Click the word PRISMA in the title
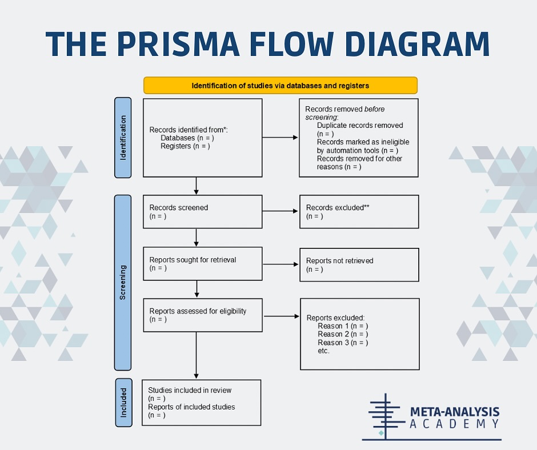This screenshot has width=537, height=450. pyautogui.click(x=178, y=44)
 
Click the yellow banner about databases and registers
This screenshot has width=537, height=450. pyautogui.click(x=280, y=85)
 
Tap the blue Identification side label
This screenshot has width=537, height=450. pyautogui.click(x=123, y=138)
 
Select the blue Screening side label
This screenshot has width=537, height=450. pyautogui.click(x=123, y=283)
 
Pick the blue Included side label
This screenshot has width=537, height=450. pyautogui.click(x=123, y=403)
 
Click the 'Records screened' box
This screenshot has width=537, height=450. pyautogui.click(x=203, y=212)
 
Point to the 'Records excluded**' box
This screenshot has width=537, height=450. pyautogui.click(x=359, y=212)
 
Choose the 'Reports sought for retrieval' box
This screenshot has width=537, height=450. pyautogui.click(x=203, y=264)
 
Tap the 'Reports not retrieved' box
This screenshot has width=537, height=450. pyautogui.click(x=359, y=265)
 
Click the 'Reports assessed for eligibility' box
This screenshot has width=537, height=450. pyautogui.click(x=203, y=315)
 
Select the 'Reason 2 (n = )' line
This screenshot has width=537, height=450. pyautogui.click(x=343, y=334)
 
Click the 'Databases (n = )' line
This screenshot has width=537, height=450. pyautogui.click(x=187, y=138)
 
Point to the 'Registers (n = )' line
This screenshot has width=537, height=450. pyautogui.click(x=185, y=146)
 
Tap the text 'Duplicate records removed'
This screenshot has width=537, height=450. pyautogui.click(x=360, y=125)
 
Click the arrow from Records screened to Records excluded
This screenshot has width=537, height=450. pyautogui.click(x=280, y=211)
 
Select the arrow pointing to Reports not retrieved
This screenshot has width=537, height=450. pyautogui.click(x=280, y=264)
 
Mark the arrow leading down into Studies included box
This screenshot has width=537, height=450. pyautogui.click(x=197, y=355)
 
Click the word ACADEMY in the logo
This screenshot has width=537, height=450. pyautogui.click(x=455, y=424)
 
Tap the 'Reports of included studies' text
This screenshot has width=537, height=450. pyautogui.click(x=191, y=407)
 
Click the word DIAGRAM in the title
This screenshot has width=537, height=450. pyautogui.click(x=417, y=44)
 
